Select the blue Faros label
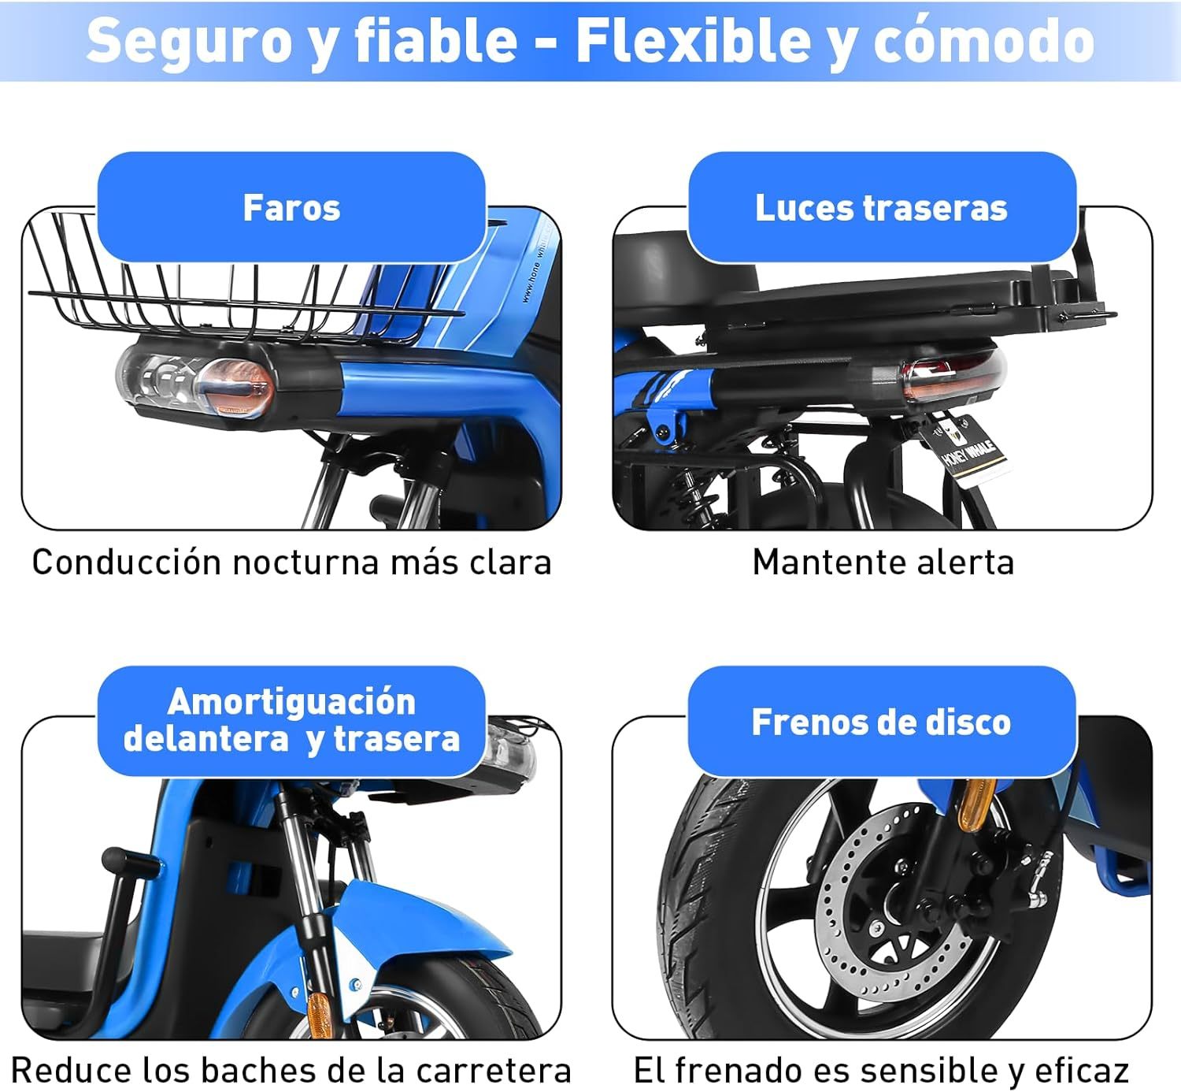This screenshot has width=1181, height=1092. pyautogui.click(x=291, y=208)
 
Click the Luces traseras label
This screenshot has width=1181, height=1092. pyautogui.click(x=882, y=208)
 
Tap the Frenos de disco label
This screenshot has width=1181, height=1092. pyautogui.click(x=882, y=722)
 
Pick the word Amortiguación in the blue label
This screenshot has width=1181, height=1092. pyautogui.click(x=291, y=702)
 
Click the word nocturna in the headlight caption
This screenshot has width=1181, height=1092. pyautogui.click(x=305, y=563)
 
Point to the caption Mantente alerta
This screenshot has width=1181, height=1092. pyautogui.click(x=883, y=563)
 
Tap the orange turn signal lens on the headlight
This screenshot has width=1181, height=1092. pyautogui.click(x=236, y=385)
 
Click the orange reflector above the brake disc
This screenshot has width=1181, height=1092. pyautogui.click(x=976, y=803)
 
